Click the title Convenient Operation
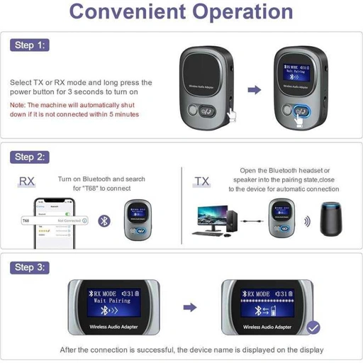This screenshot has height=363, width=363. click(x=181, y=12)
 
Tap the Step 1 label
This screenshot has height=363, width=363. click(x=30, y=45)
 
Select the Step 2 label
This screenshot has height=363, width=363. click(x=30, y=157)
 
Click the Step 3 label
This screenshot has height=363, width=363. click(x=30, y=267)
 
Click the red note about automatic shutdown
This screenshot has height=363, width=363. click(x=75, y=109)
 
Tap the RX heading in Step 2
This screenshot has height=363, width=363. click(x=26, y=182)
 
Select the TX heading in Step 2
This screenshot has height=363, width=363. click(x=202, y=182)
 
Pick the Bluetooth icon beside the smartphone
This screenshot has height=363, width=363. click(x=104, y=220)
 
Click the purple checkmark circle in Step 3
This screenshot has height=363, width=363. click(x=313, y=328)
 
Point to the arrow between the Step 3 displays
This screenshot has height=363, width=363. click(x=189, y=308)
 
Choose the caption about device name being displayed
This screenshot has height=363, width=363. click(x=191, y=350)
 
